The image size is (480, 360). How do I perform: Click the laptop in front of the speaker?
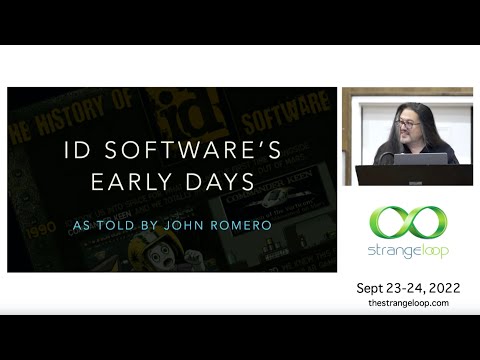(419, 159)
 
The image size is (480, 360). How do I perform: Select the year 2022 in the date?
(438, 287)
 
